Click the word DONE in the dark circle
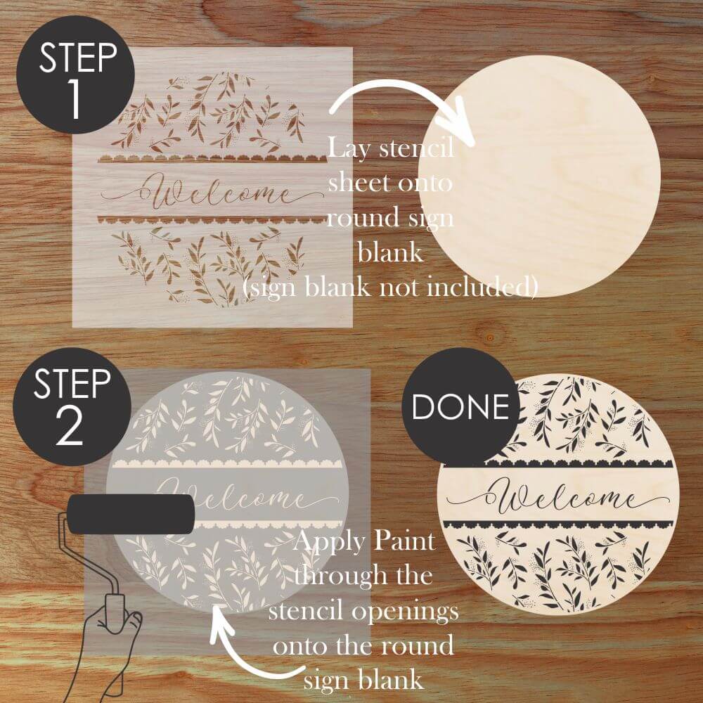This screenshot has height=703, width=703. [x=460, y=407]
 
